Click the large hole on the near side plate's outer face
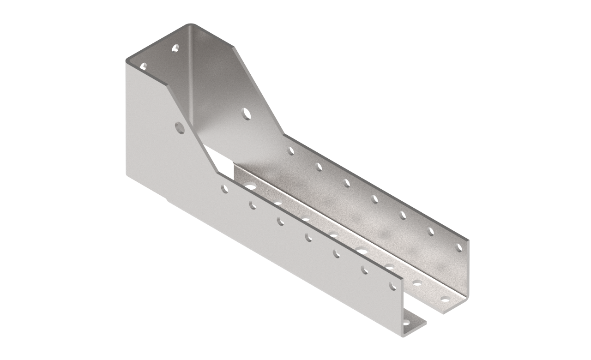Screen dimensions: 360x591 [x=180, y=127]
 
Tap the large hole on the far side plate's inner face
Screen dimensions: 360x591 [x=246, y=113]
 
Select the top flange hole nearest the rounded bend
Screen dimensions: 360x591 [x=175, y=48]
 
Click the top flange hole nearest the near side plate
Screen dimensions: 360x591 [x=143, y=66]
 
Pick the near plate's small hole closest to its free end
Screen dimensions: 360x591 [x=393, y=286]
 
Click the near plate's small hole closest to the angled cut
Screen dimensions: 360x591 [x=224, y=188]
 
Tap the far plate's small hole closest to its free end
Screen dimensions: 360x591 [x=458, y=247]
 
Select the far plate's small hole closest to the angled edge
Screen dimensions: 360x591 [x=291, y=150]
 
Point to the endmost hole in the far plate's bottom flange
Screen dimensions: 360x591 [x=445, y=299]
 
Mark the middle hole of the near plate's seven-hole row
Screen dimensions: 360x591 [x=308, y=237]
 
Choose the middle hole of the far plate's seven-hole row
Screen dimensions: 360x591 [x=374, y=199]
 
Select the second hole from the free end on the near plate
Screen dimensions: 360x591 [x=365, y=270]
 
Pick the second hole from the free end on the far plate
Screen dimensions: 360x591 [x=431, y=231]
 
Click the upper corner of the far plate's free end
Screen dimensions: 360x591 [x=467, y=240]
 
